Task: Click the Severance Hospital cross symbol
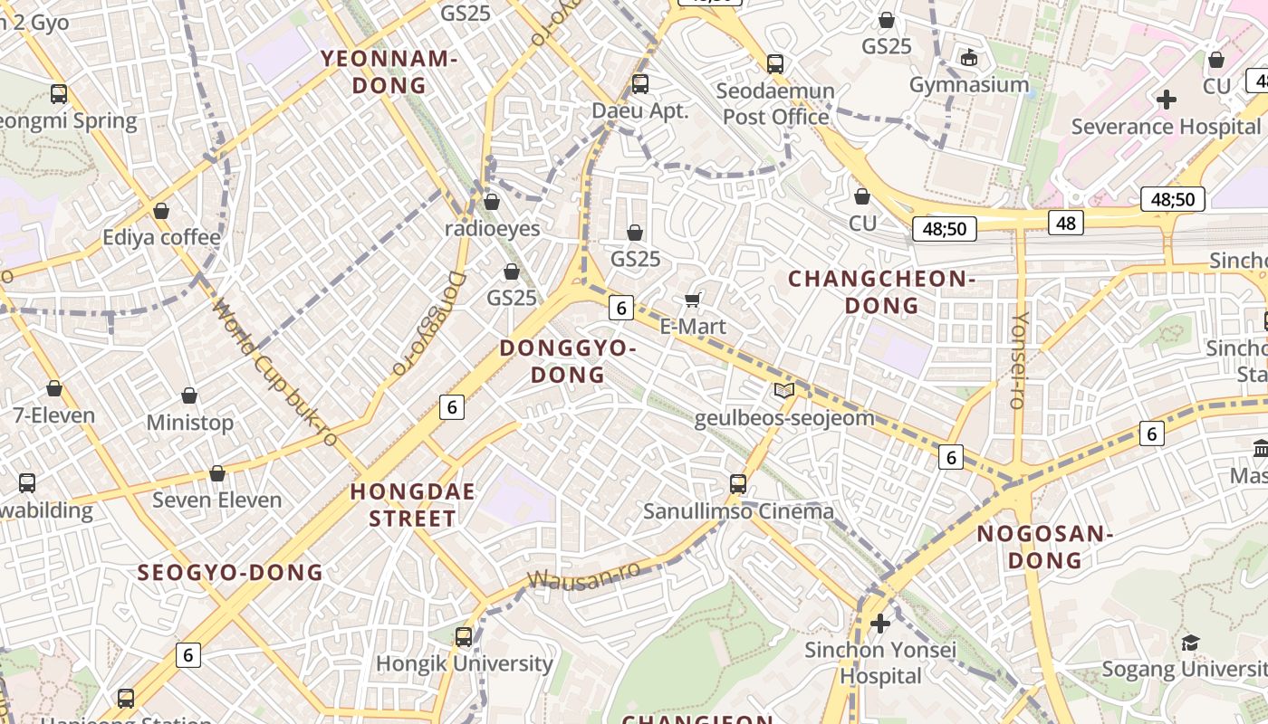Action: [1167, 100]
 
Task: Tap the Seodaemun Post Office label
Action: [775, 104]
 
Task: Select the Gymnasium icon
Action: [969, 58]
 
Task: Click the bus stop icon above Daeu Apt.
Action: [640, 84]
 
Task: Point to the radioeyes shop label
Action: [492, 228]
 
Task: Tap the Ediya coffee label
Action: [161, 238]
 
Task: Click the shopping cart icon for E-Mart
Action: [693, 300]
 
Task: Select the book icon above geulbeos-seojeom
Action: [784, 391]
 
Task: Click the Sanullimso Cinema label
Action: [738, 511]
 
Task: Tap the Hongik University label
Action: [464, 663]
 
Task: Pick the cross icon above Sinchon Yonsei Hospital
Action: [879, 624]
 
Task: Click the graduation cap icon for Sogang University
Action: [1190, 643]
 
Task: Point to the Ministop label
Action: [189, 423]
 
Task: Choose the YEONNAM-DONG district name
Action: [389, 72]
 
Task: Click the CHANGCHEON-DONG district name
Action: [881, 291]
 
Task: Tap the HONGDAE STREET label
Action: [412, 505]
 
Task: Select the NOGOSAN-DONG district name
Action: [1044, 547]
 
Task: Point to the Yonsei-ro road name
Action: [1018, 360]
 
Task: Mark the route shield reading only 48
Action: [1066, 223]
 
